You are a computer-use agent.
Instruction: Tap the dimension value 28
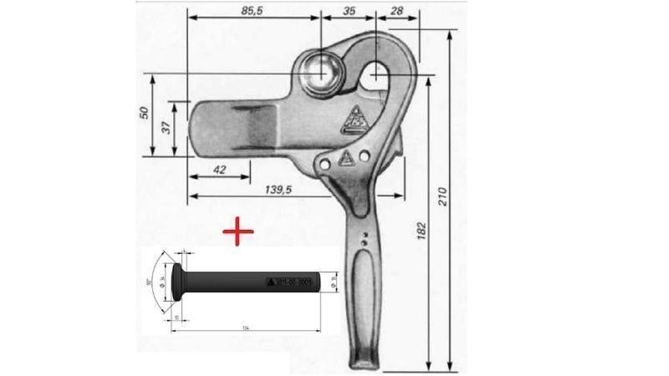(397, 10)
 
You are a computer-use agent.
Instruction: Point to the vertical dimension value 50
(144, 113)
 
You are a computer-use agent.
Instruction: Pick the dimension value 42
(219, 170)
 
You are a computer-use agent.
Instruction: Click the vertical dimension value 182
(422, 228)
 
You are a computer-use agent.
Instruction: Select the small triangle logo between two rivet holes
(345, 160)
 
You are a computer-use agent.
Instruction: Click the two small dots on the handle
(363, 241)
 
